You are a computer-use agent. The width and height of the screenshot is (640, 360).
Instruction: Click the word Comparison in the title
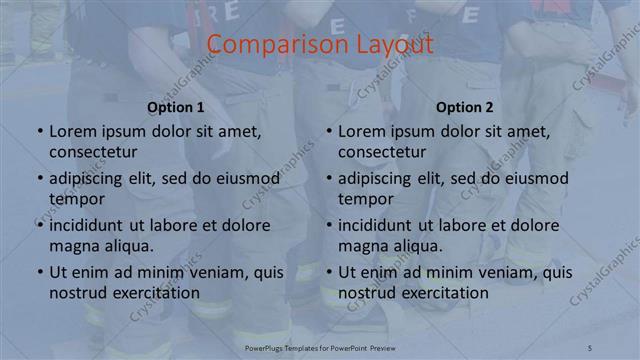(x=267, y=45)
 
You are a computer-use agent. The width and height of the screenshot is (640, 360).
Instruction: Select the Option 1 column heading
(x=176, y=107)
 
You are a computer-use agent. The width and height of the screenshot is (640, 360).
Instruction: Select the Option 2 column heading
(x=465, y=107)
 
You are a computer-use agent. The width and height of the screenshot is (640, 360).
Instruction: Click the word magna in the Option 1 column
(x=73, y=245)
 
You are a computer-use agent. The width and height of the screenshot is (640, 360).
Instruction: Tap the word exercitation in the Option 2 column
(x=440, y=292)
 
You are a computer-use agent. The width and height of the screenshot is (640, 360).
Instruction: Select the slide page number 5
(x=590, y=346)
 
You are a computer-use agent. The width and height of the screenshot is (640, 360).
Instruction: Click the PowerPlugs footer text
(x=319, y=346)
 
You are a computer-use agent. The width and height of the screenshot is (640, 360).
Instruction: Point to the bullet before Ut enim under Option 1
(x=39, y=272)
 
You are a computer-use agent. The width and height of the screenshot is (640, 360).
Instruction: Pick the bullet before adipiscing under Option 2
(x=328, y=179)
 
